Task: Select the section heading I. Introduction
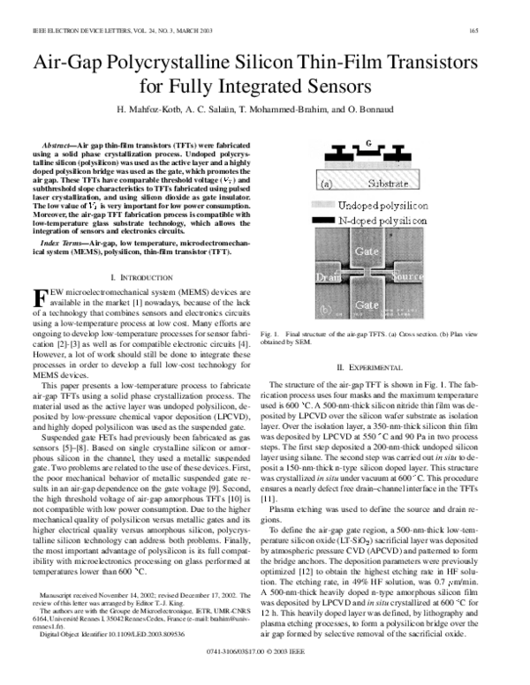coord(146,278)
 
